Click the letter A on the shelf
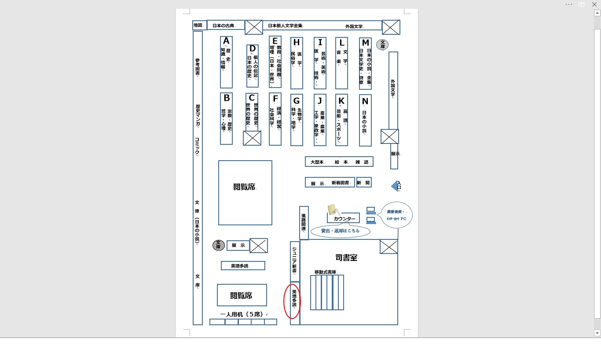coord(226,41)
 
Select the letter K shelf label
coord(341,100)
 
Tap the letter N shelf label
coord(365,101)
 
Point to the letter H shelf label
coord(297,43)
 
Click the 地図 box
coord(198,26)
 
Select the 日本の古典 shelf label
coord(224,26)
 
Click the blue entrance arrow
coord(395,187)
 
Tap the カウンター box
coord(344,219)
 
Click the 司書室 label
coord(346,258)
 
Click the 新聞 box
coord(363,183)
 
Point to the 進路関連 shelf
coord(304,223)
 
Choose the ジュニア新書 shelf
coord(294,261)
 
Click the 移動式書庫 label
coord(325,272)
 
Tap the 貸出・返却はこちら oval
coord(340,231)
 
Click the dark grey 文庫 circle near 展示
coord(218,245)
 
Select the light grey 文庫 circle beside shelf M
coord(382,44)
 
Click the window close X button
coord(594,4)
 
